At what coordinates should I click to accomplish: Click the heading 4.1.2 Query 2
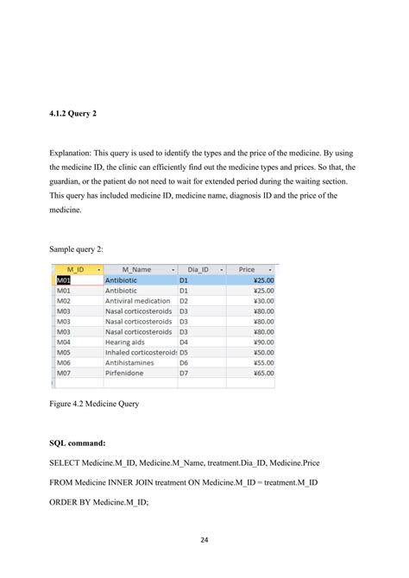click(x=74, y=111)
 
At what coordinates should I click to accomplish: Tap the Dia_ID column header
click(x=198, y=270)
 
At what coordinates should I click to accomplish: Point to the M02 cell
click(x=64, y=301)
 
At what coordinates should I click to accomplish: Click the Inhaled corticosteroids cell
click(x=140, y=353)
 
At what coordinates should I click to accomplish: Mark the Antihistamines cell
click(x=131, y=363)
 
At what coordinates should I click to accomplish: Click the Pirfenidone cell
click(x=126, y=374)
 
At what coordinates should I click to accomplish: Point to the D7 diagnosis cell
click(x=184, y=374)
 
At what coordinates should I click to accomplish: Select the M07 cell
click(x=64, y=374)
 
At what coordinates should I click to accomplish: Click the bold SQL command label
click(x=78, y=443)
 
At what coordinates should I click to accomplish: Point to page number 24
click(x=204, y=541)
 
